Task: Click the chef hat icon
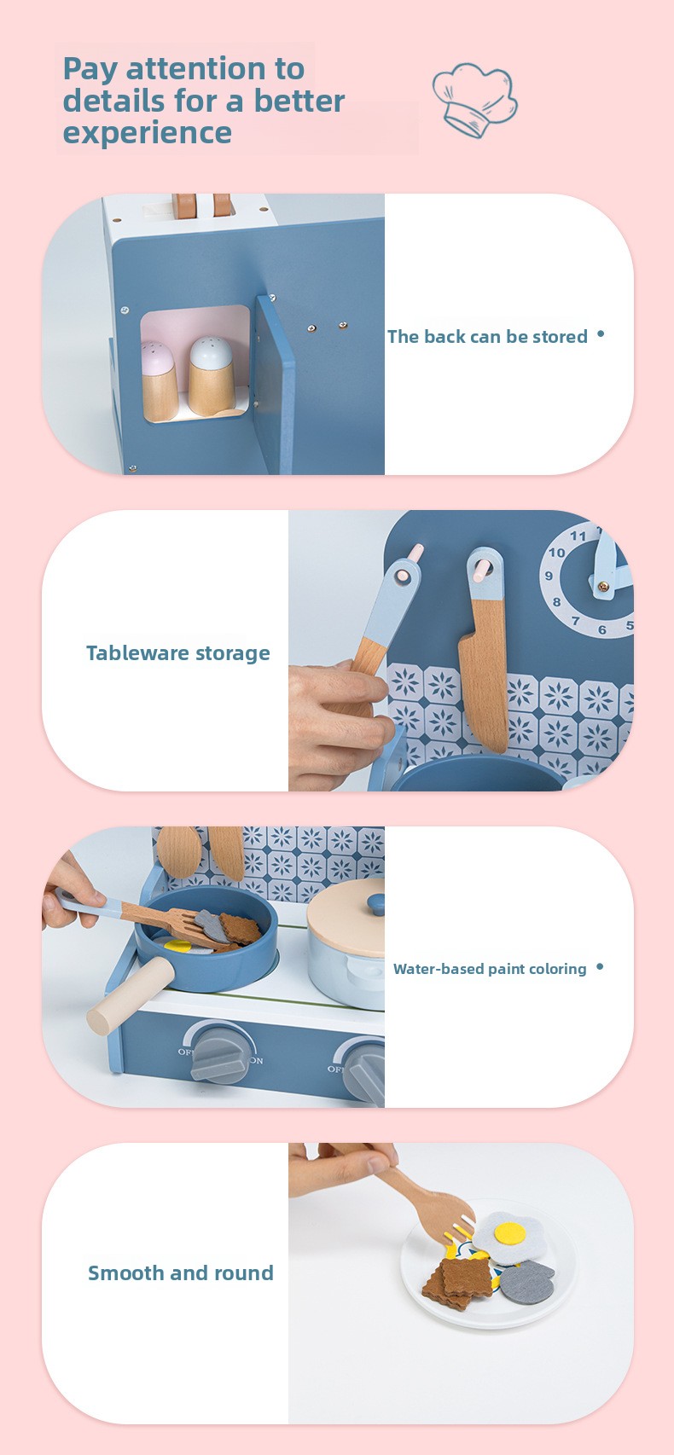click(x=475, y=100)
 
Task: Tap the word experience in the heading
click(x=148, y=134)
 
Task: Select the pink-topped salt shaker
click(x=158, y=380)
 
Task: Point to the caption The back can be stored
click(x=487, y=337)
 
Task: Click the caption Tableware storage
click(x=178, y=652)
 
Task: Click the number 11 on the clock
click(x=578, y=536)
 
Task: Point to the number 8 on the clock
click(x=556, y=602)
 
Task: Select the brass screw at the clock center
click(x=604, y=587)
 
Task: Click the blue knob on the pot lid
click(x=376, y=903)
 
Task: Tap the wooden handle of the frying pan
click(x=131, y=995)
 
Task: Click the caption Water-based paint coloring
click(x=490, y=969)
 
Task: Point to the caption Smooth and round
click(x=181, y=1272)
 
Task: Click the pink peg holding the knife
click(x=480, y=571)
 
